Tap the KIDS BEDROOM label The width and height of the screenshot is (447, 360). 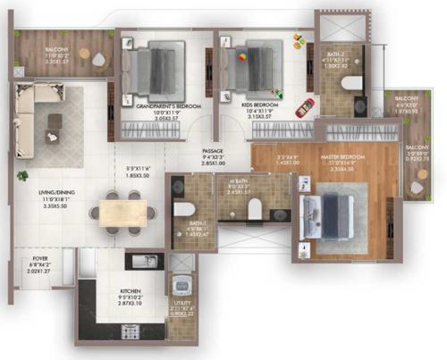pyautogui.click(x=260, y=105)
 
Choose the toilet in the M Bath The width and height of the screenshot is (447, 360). pyautogui.click(x=256, y=208)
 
